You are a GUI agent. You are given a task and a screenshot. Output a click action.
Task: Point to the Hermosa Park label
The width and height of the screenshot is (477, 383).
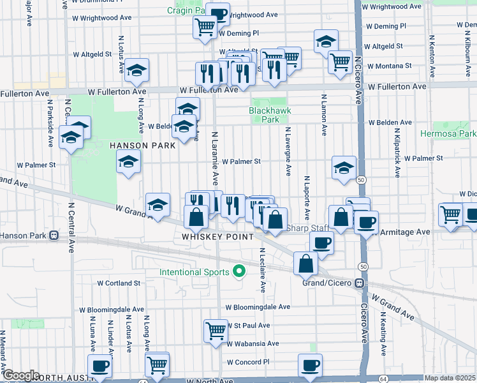pos(448,134)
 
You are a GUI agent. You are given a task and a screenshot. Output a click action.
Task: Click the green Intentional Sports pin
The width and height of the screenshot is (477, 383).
pos(240,272)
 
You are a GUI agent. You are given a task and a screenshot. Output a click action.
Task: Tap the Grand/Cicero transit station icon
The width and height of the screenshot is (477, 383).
pos(360,283)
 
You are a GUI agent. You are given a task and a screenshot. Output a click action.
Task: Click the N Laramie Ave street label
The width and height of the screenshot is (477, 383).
pos(215,156)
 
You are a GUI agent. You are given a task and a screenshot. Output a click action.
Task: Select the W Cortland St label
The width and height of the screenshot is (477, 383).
pos(119,283)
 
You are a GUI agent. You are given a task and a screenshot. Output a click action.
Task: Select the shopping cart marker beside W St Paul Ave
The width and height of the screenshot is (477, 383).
pos(216,329)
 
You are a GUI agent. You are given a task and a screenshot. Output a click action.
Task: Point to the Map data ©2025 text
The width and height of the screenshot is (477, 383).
pos(450,378)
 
